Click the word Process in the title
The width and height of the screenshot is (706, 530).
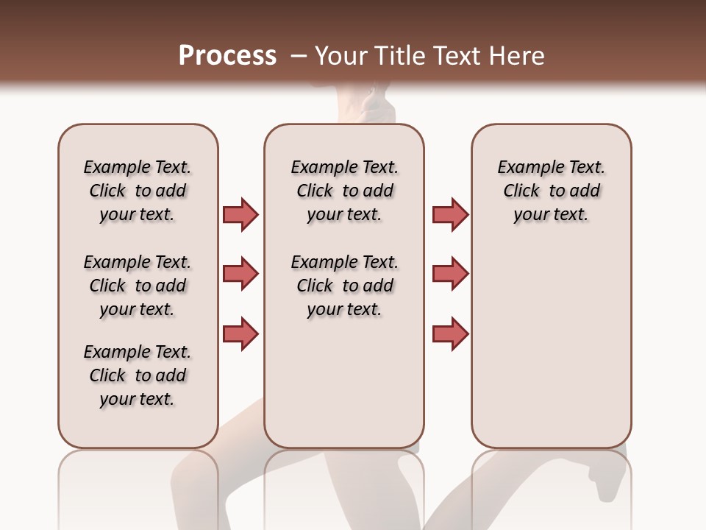point(227,56)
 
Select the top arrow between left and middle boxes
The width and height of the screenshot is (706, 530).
point(240,214)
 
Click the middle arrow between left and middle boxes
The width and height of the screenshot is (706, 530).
point(240,274)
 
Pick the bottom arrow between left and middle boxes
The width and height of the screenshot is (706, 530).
point(240,333)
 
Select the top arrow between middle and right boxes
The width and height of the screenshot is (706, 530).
point(450,214)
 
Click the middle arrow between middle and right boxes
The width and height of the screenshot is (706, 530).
point(450,274)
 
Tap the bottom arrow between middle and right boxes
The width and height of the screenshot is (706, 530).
point(450,333)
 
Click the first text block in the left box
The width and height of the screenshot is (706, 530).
point(138,191)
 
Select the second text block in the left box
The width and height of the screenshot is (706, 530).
point(138,286)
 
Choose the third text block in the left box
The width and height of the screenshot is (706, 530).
point(138,375)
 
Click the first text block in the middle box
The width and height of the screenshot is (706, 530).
point(344,191)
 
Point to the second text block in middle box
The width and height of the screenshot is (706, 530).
point(344,286)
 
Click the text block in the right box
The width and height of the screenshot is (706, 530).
point(551,191)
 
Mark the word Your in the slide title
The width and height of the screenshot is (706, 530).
point(342,56)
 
